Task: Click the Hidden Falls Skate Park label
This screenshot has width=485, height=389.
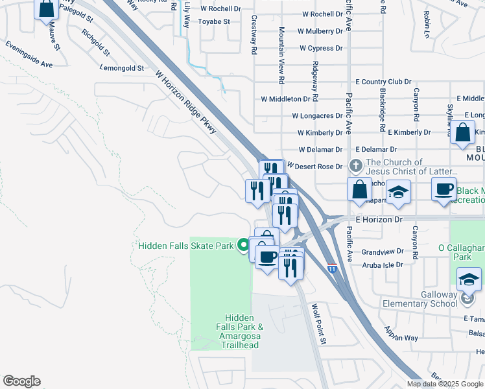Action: (x=185, y=245)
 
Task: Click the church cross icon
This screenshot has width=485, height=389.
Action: (x=355, y=167)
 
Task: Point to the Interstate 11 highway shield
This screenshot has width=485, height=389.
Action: (x=332, y=268)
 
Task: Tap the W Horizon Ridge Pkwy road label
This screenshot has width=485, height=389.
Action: (x=186, y=103)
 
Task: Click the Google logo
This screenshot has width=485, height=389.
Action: (x=21, y=381)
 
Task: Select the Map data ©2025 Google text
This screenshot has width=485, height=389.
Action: (x=445, y=384)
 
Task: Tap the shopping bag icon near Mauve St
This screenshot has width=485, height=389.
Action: (x=47, y=9)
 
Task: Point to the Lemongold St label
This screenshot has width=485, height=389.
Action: (x=122, y=67)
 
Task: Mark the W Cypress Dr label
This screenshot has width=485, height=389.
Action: (x=321, y=48)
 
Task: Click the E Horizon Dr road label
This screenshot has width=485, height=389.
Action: (x=379, y=220)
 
